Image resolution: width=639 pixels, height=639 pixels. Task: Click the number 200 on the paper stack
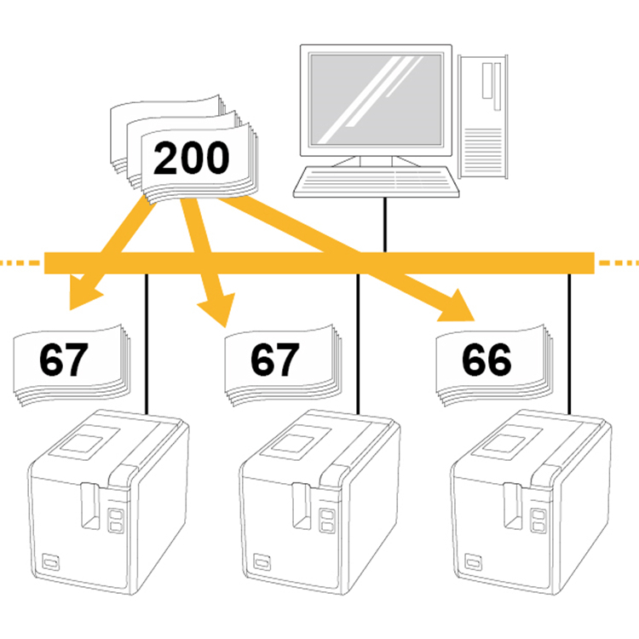click(191, 158)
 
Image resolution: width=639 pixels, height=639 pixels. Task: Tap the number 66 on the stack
click(486, 360)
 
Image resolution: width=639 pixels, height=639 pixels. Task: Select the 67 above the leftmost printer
click(64, 360)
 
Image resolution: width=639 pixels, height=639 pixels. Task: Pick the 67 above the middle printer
click(274, 360)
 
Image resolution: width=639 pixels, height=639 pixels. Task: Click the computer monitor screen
click(376, 100)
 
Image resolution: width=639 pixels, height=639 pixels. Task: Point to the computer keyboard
click(376, 181)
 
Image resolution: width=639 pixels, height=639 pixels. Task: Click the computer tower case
click(483, 117)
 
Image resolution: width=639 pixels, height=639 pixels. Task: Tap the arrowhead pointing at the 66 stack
click(458, 307)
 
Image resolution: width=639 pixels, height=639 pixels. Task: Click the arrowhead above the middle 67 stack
click(218, 308)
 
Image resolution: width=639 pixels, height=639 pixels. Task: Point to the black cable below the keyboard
click(385, 225)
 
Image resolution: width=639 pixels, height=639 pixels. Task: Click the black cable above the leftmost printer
click(147, 344)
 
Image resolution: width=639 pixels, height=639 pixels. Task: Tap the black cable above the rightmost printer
click(569, 344)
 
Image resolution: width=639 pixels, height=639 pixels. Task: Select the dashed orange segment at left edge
click(20, 263)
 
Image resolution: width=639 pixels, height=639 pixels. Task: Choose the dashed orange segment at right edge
click(619, 263)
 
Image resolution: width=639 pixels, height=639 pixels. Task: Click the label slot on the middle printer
click(302, 506)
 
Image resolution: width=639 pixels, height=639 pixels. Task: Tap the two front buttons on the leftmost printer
click(116, 520)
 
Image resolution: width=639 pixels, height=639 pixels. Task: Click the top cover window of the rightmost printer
click(504, 443)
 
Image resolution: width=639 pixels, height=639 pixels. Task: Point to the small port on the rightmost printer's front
click(473, 562)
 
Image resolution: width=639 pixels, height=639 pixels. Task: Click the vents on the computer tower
click(483, 152)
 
